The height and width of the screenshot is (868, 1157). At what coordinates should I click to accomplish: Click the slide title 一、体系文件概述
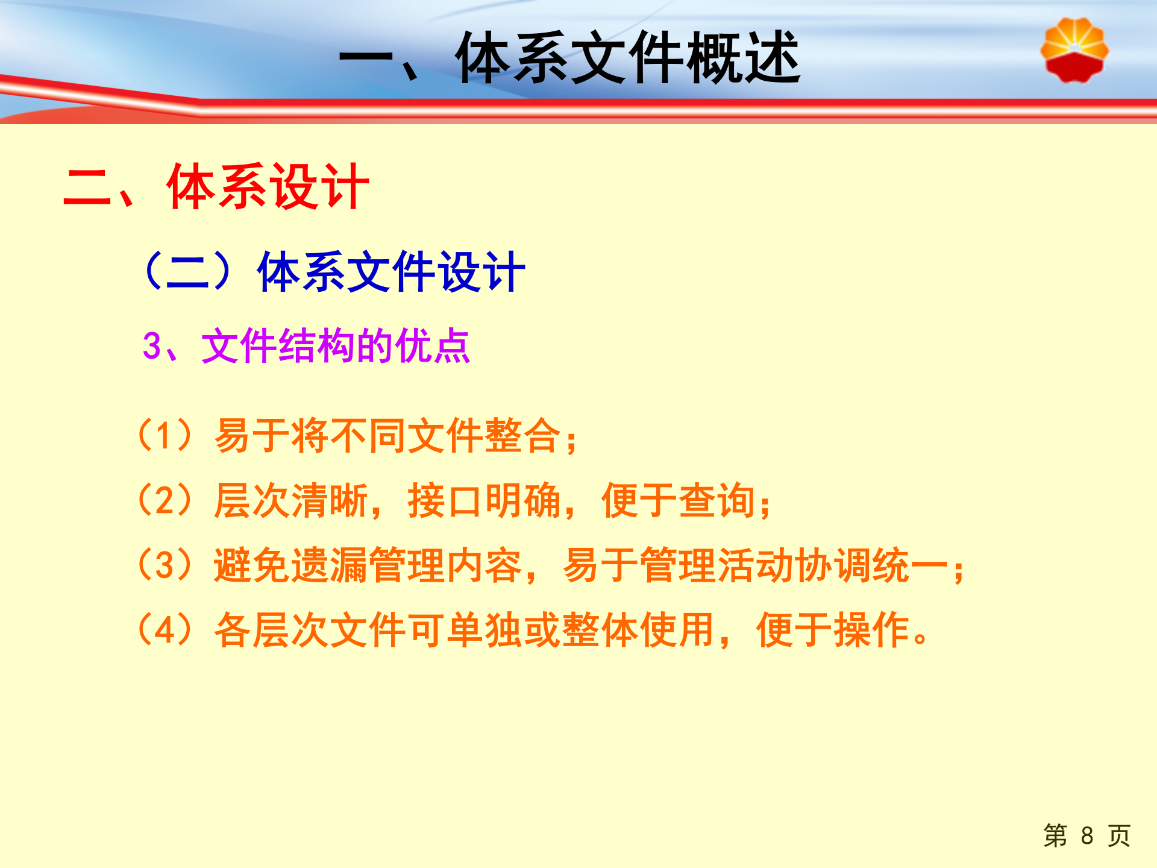coord(569,58)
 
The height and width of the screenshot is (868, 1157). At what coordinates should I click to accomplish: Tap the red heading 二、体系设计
coord(216,187)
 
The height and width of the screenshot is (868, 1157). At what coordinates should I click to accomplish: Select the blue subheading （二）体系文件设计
coord(333,272)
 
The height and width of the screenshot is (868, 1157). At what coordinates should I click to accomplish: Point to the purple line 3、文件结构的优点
coord(306,346)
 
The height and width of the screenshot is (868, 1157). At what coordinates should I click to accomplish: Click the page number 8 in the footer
coord(1086,836)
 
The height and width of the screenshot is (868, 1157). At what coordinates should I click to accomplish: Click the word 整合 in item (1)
coord(522,436)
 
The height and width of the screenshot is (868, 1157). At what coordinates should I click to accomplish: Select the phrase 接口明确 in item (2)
coord(484,500)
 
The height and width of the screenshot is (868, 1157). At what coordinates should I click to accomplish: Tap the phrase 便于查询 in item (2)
coord(678,500)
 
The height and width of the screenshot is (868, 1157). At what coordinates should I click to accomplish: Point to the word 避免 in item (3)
coord(252,565)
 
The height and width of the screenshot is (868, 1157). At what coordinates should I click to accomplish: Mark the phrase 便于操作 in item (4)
coord(833,631)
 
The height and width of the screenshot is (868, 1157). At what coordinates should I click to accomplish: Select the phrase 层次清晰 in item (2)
coord(291,500)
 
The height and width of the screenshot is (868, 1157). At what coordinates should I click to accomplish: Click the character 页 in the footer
coord(1119,836)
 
